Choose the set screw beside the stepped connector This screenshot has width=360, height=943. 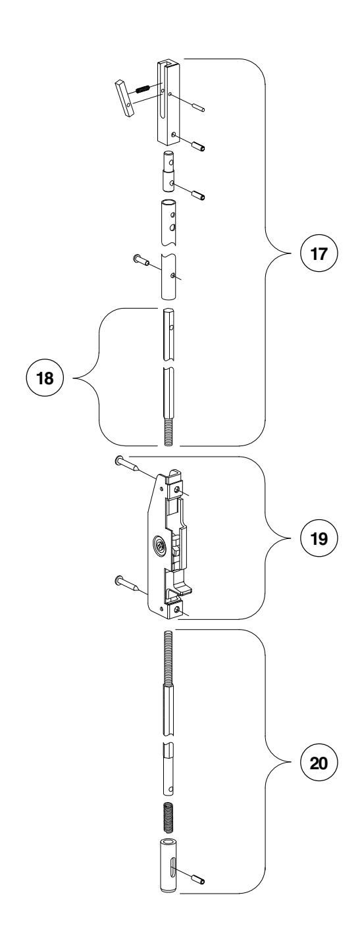tap(197, 195)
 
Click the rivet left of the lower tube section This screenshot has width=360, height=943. tap(140, 261)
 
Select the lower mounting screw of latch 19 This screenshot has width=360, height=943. tap(127, 582)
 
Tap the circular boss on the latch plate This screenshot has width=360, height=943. tap(160, 544)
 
